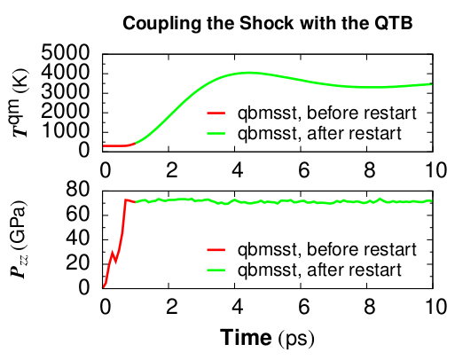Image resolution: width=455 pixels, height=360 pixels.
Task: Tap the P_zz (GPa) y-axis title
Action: (x=20, y=239)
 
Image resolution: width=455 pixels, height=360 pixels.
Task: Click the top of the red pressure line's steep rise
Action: (x=125, y=200)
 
